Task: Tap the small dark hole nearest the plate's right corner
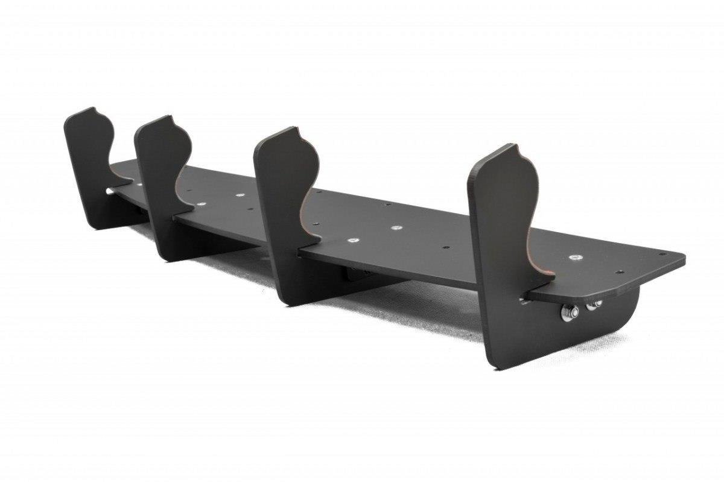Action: tap(662, 254)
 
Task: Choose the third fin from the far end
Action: tap(281, 199)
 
